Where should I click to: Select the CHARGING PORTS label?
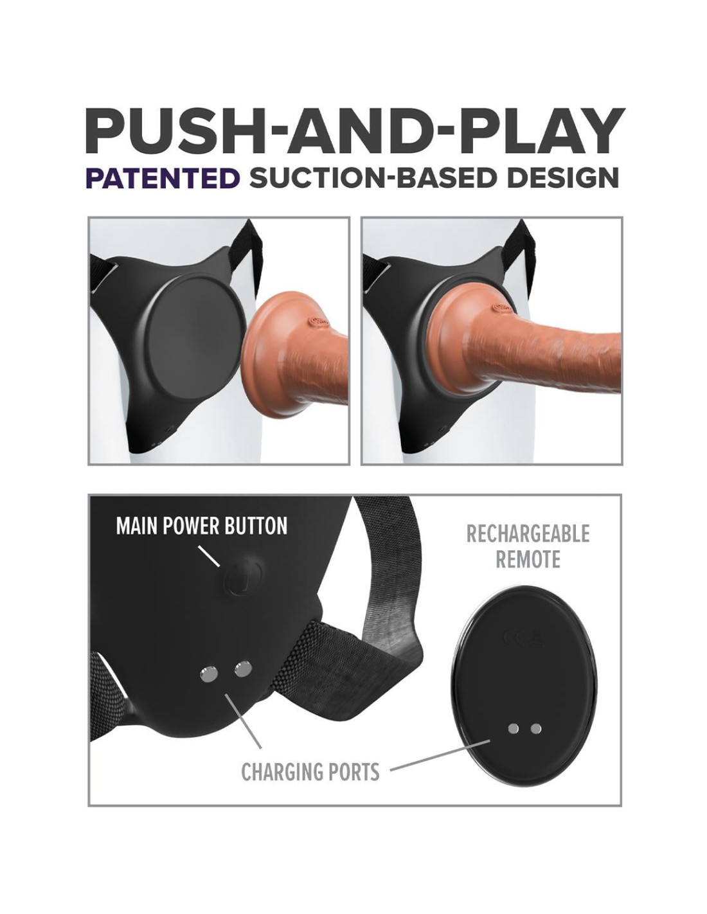(x=310, y=772)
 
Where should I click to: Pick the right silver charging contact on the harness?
(x=243, y=677)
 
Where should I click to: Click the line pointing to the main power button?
(x=209, y=557)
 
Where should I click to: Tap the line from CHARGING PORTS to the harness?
(x=243, y=724)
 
